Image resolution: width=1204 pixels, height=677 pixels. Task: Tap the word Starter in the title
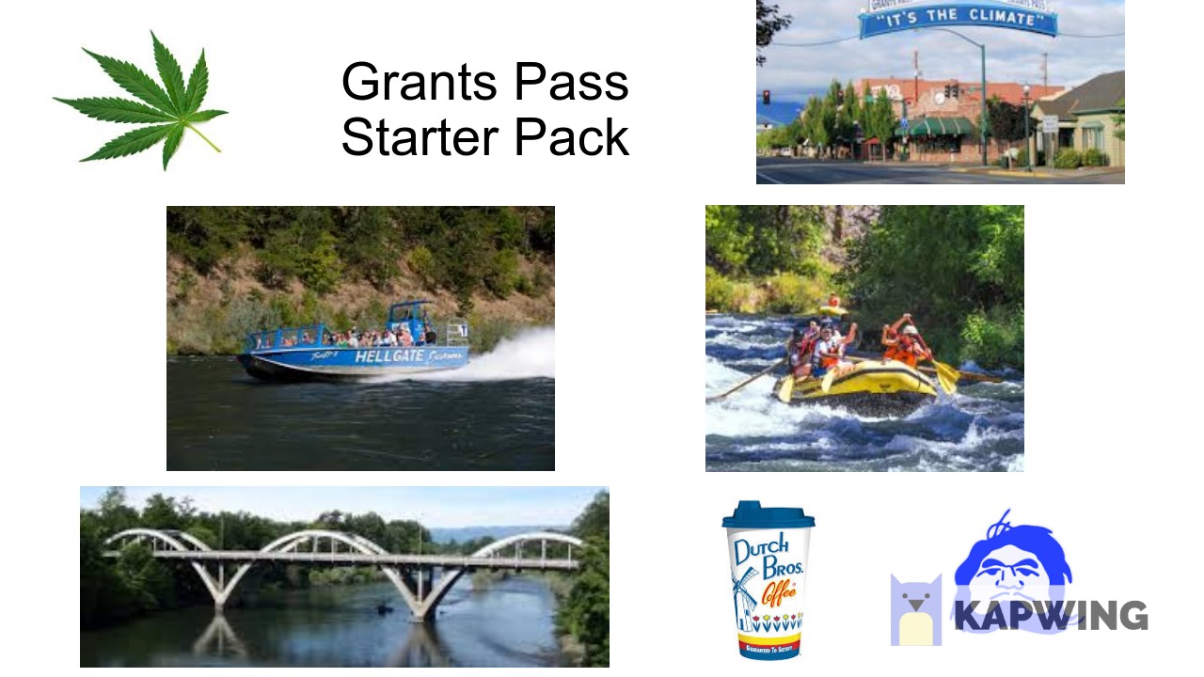click(418, 137)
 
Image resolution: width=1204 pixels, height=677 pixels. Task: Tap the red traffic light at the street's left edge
click(766, 96)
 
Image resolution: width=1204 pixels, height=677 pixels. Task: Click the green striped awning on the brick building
click(942, 126)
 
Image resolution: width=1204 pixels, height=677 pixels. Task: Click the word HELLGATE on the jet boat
click(387, 356)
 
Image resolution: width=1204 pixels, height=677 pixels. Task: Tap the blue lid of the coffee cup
click(768, 514)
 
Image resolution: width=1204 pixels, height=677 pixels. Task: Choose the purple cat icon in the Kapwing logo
click(915, 610)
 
